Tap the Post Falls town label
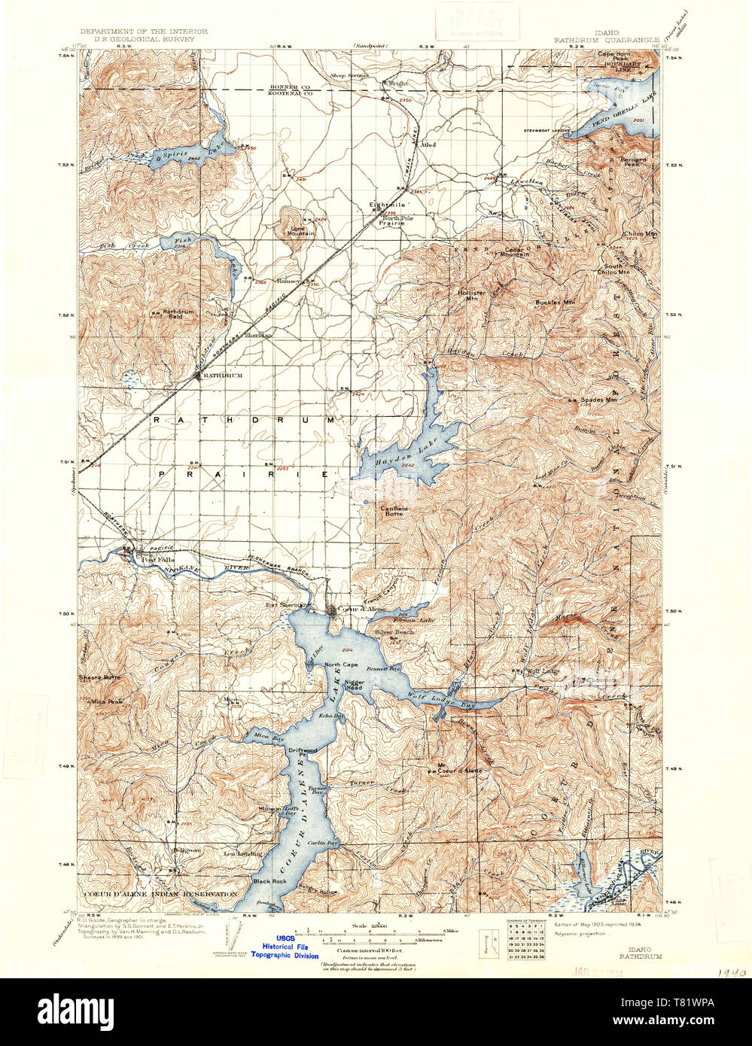tap(157, 560)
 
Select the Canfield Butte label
tap(394, 512)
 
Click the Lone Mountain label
tap(299, 230)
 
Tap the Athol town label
tap(428, 144)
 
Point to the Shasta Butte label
tap(99, 678)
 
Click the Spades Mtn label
tap(598, 400)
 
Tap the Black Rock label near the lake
tap(269, 881)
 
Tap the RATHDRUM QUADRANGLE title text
tap(607, 39)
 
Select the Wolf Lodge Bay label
tap(431, 695)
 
